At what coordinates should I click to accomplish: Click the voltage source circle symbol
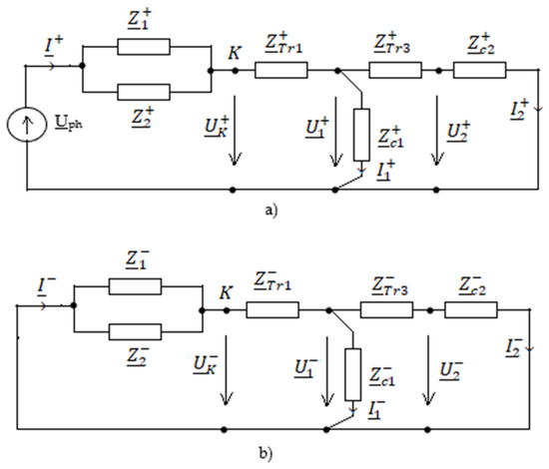pyautogui.click(x=27, y=125)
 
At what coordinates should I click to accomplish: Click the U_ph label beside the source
pyautogui.click(x=69, y=123)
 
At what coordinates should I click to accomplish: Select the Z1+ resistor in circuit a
pyautogui.click(x=144, y=47)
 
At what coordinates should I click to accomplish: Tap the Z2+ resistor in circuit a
pyautogui.click(x=144, y=92)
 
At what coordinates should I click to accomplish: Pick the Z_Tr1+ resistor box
pyautogui.click(x=281, y=70)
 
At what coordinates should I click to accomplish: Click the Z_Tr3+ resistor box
pyautogui.click(x=395, y=70)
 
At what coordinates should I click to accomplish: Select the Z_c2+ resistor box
pyautogui.click(x=480, y=70)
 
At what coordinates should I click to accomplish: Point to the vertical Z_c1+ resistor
pyautogui.click(x=361, y=135)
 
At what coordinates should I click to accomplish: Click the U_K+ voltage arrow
pyautogui.click(x=235, y=130)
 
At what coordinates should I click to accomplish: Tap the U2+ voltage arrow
pyautogui.click(x=436, y=130)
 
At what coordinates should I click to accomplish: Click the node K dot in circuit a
pyautogui.click(x=235, y=71)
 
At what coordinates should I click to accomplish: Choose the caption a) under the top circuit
pyautogui.click(x=272, y=211)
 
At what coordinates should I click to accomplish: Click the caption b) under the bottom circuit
pyautogui.click(x=266, y=454)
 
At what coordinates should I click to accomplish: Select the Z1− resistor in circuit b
pyautogui.click(x=135, y=286)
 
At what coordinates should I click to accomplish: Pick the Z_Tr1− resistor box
pyautogui.click(x=273, y=310)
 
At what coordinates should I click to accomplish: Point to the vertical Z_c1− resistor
pyautogui.click(x=353, y=374)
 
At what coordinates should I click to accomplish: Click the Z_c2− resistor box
pyautogui.click(x=471, y=310)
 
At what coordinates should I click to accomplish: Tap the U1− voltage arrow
pyautogui.click(x=327, y=370)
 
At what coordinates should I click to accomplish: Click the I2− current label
pyautogui.click(x=514, y=347)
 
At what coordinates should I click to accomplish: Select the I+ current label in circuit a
pyautogui.click(x=54, y=46)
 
